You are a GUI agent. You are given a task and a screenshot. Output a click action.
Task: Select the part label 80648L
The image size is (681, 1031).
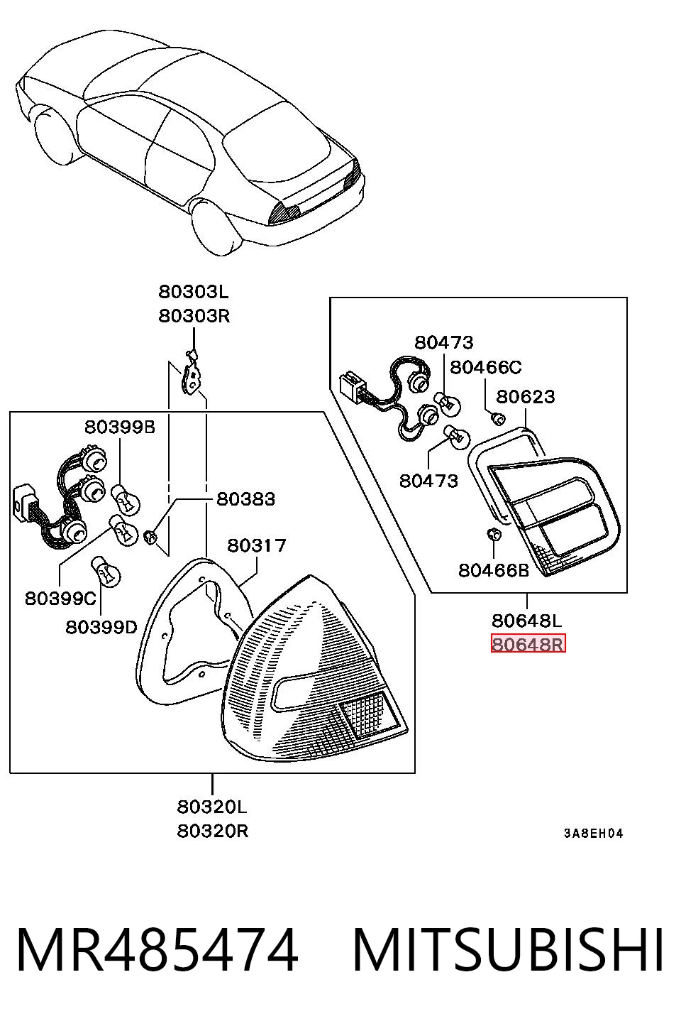527,621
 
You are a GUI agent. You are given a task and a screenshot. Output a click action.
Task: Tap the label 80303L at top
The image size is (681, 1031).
194,292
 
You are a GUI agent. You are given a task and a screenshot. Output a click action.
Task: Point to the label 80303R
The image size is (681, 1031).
194,316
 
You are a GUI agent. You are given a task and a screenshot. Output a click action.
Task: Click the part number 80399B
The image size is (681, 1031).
120,427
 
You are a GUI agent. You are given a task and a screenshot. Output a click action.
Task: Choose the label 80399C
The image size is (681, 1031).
61,599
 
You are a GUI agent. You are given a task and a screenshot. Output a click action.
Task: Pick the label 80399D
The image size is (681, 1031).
101,627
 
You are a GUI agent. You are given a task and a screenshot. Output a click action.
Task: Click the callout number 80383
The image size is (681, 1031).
245,499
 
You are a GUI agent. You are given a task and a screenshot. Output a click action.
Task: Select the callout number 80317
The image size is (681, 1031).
257,545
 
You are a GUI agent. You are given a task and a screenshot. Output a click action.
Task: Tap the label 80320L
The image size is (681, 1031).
212,807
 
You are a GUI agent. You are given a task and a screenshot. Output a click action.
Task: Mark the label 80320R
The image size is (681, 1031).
212,831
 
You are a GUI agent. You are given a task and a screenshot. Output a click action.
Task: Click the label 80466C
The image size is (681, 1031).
486,367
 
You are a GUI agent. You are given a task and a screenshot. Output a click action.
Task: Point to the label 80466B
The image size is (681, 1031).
494,571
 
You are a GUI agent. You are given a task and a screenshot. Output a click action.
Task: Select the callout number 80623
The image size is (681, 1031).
526,396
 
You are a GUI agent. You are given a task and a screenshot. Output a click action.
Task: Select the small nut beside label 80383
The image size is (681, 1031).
150,536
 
